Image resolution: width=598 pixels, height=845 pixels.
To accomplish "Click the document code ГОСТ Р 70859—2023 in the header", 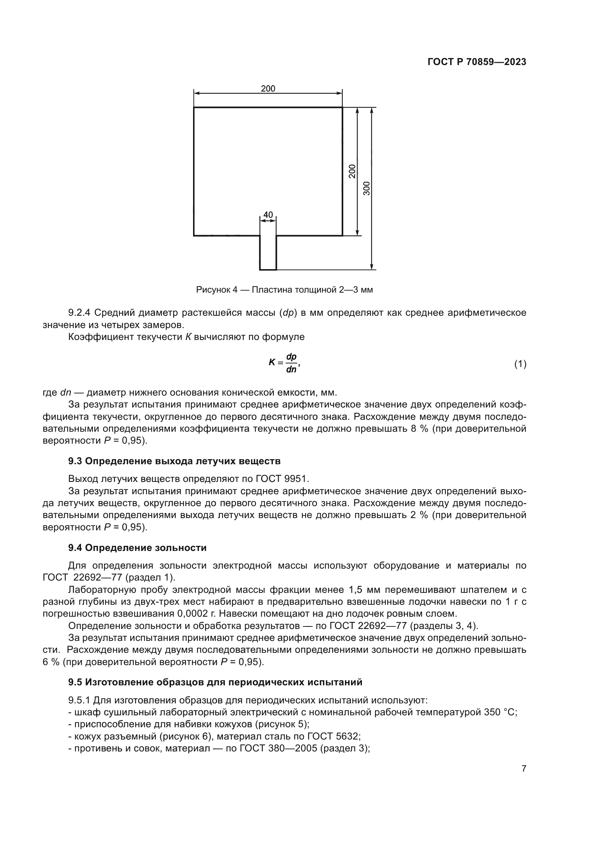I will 477,62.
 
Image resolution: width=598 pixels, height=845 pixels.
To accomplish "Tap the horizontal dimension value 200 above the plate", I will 268,89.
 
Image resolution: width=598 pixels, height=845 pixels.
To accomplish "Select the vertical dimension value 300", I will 367,189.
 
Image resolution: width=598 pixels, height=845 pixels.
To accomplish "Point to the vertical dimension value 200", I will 353,172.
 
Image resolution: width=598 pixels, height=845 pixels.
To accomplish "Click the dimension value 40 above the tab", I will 268,215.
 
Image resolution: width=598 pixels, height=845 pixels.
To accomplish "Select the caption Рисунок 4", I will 217,290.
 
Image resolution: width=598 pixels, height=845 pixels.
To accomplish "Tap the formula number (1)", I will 520,364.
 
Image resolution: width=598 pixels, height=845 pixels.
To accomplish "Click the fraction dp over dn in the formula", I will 291,363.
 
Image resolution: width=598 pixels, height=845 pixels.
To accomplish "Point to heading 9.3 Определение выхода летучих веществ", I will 174,461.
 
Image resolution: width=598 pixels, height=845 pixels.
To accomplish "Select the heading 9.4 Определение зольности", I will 137,548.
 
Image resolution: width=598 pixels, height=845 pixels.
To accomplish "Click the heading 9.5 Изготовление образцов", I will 215,682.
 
